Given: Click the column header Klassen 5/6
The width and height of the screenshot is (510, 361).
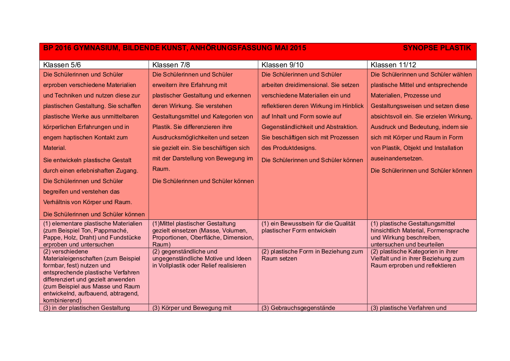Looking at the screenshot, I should [62, 65].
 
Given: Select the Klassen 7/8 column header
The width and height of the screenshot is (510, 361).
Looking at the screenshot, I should [171, 65].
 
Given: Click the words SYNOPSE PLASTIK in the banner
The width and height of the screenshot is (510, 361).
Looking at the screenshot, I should [437, 48].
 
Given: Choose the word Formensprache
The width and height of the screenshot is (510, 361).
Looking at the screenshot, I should [448, 230].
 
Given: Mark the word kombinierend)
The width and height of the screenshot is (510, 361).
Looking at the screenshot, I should [62, 300].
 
